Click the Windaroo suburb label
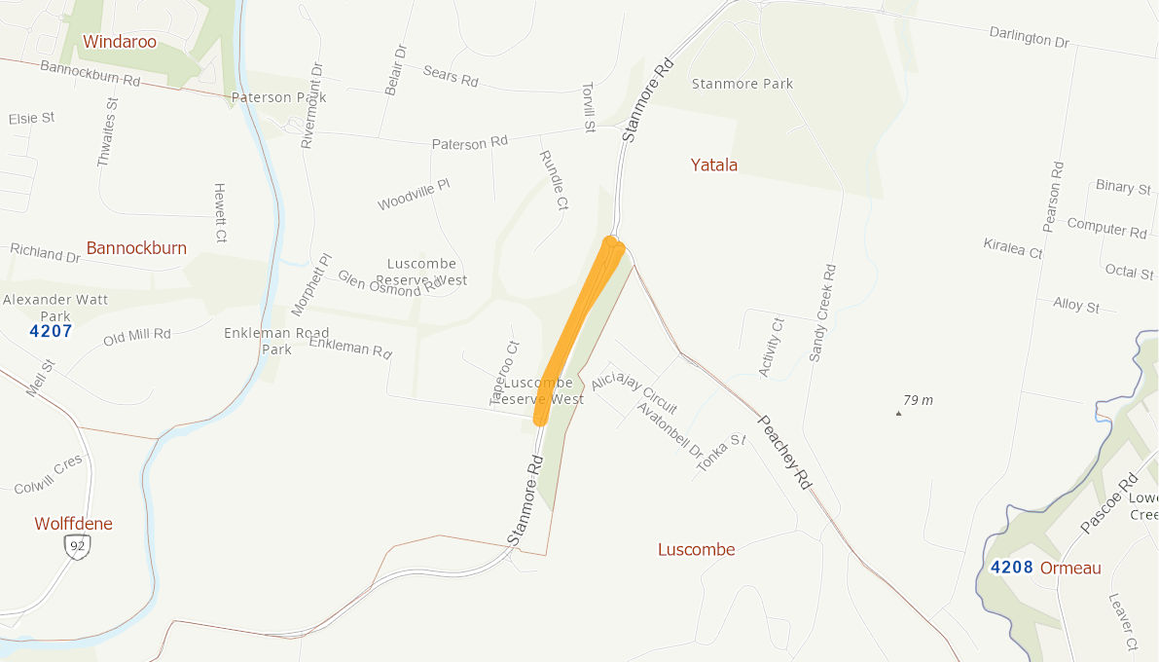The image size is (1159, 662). pyautogui.click(x=120, y=41)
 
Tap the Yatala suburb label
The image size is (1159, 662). pyautogui.click(x=714, y=165)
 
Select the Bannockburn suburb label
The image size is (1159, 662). pyautogui.click(x=136, y=248)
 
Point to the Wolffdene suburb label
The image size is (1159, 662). pyautogui.click(x=74, y=524)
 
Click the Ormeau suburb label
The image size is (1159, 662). pyautogui.click(x=1070, y=568)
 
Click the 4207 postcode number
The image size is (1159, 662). pyautogui.click(x=51, y=332)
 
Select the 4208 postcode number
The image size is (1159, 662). pyautogui.click(x=1011, y=568)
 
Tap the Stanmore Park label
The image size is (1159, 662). pyautogui.click(x=742, y=84)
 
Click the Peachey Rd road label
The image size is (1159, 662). pyautogui.click(x=784, y=452)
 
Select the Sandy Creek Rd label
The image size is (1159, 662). pyautogui.click(x=822, y=312)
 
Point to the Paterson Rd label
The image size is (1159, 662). pyautogui.click(x=470, y=143)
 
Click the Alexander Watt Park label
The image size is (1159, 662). pyautogui.click(x=55, y=307)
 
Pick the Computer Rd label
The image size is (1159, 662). pyautogui.click(x=1106, y=228)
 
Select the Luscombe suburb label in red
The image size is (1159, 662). pyautogui.click(x=697, y=549)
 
